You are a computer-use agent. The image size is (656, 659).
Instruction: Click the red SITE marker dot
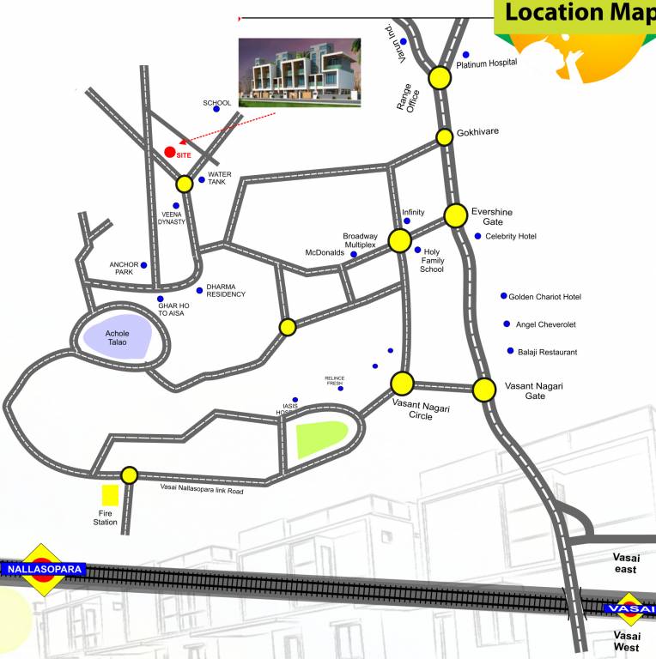(170, 152)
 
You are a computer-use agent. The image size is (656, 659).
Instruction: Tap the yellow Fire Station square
(110, 495)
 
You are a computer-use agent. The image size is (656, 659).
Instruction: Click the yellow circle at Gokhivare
(444, 137)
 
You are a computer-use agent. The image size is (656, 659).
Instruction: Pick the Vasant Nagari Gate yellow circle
(484, 390)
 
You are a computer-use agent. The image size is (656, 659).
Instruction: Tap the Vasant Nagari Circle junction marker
(402, 382)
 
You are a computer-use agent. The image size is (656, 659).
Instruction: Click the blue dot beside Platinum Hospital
(466, 54)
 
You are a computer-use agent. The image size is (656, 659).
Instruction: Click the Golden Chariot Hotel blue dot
(504, 296)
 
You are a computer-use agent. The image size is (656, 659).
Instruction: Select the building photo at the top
(298, 71)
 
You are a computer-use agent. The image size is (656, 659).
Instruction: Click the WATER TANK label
(220, 178)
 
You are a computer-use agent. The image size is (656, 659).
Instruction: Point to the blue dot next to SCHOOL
(216, 109)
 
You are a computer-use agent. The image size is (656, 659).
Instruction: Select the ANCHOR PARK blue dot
(143, 265)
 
